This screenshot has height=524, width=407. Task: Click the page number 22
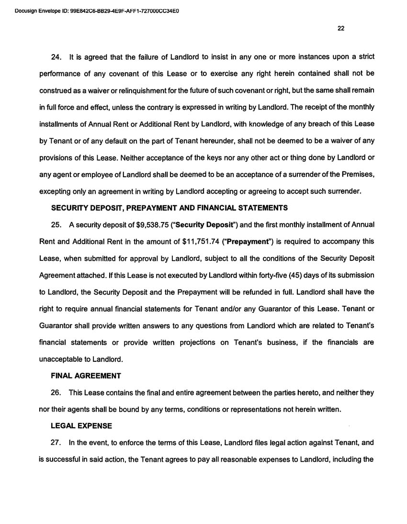click(340, 28)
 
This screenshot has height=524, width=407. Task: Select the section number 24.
click(57, 57)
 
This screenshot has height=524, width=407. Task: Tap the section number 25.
click(57, 224)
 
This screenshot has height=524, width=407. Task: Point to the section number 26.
click(57, 392)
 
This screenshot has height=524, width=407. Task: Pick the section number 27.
click(57, 443)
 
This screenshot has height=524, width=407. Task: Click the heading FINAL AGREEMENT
click(86, 376)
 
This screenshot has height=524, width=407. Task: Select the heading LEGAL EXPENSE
click(81, 426)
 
